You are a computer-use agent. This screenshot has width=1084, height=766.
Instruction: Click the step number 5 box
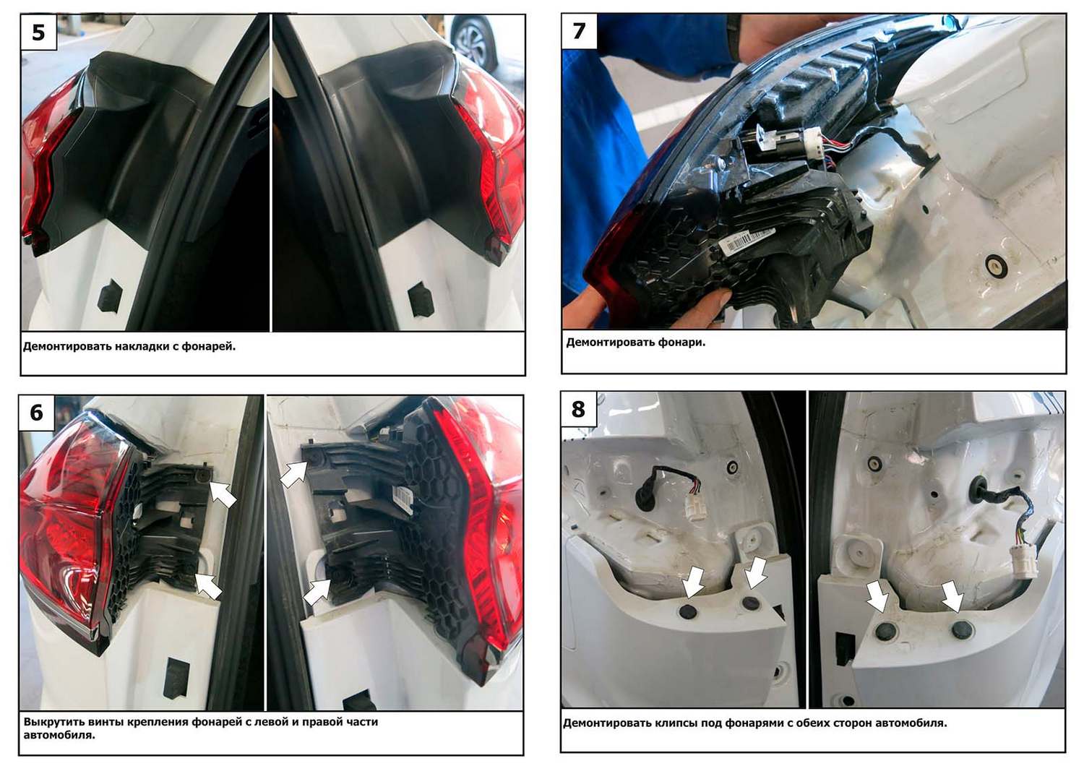(x=39, y=32)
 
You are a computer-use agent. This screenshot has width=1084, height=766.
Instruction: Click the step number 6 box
(x=37, y=413)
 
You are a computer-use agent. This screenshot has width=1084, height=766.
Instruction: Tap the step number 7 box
(x=580, y=31)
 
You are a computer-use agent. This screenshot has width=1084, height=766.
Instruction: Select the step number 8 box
(x=578, y=409)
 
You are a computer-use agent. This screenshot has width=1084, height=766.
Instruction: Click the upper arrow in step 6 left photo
(x=222, y=493)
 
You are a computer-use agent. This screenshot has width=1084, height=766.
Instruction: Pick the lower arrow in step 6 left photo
(x=209, y=586)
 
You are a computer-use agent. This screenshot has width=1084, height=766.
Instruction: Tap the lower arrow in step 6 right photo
(x=317, y=592)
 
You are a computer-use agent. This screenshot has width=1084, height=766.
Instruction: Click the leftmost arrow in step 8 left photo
(x=694, y=582)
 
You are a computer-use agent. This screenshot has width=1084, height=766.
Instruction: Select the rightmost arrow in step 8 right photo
(x=952, y=595)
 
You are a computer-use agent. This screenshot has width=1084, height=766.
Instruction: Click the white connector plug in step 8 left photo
(x=696, y=507)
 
